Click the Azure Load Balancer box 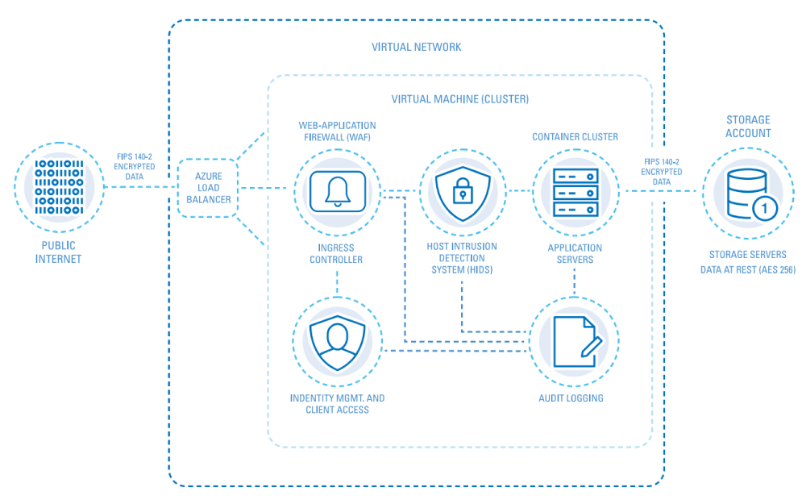[x=208, y=188]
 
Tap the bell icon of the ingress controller [x=337, y=190]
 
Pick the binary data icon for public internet [x=59, y=187]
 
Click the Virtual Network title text [x=417, y=47]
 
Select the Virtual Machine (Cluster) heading [x=459, y=99]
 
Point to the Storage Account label [x=748, y=127]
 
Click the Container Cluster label [x=575, y=137]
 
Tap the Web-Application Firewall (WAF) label [x=337, y=131]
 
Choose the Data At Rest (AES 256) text [x=748, y=270]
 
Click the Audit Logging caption [x=571, y=398]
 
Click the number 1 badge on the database [x=764, y=208]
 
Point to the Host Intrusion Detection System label [x=462, y=258]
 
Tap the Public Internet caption [x=58, y=253]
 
